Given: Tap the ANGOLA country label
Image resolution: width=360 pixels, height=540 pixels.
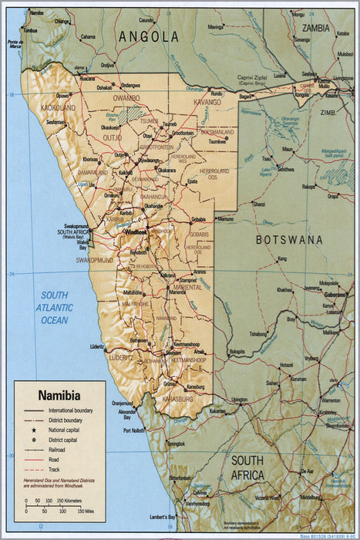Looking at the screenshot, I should tap(149, 36).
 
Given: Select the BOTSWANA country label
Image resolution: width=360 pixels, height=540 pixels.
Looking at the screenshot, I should tap(289, 240).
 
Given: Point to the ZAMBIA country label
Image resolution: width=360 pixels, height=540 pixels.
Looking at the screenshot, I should tap(315, 29).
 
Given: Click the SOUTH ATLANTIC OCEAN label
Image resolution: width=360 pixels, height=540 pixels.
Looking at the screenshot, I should tap(55, 308).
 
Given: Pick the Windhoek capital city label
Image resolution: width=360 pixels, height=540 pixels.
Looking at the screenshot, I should tap(136, 231).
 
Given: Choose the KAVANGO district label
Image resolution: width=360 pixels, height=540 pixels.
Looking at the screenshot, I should tap(206, 102).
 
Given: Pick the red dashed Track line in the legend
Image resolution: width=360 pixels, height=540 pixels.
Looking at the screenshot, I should tap(34, 468).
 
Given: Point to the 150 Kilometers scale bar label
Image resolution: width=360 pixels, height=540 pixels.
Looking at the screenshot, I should tap(72, 501).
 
